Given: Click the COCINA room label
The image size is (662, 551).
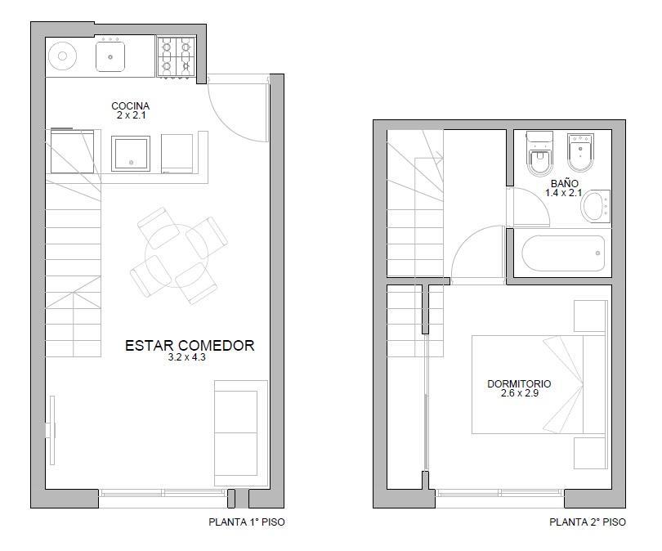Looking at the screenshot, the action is coord(131,105).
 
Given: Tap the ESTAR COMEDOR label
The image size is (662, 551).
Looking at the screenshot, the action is coord(190,345).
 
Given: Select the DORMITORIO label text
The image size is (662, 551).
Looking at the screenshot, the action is coord(519,383).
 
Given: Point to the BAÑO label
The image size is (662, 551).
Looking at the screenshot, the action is coord(565,184).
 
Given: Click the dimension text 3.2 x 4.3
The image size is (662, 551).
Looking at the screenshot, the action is coord(186,357).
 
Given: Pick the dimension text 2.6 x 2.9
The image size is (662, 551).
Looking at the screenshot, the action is coord(519,393).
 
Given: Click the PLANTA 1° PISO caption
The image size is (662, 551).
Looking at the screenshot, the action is coord(247,522).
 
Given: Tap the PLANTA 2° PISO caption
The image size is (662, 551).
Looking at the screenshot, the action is coord(588,522).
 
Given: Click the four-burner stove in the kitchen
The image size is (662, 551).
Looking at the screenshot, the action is coord(177,57).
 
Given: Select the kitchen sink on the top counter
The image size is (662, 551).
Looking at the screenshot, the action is coord(110,56).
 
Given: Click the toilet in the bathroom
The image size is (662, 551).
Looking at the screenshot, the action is coord(539,153).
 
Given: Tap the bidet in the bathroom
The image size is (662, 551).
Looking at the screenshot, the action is coord(580,152).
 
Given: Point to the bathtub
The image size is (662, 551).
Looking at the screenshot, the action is coord(563,253).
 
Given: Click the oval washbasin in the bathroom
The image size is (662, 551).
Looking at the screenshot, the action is coord(595,207).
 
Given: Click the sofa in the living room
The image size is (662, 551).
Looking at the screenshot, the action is coord(241,433).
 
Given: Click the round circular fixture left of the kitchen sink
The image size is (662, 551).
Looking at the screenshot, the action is coord(62,56).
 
